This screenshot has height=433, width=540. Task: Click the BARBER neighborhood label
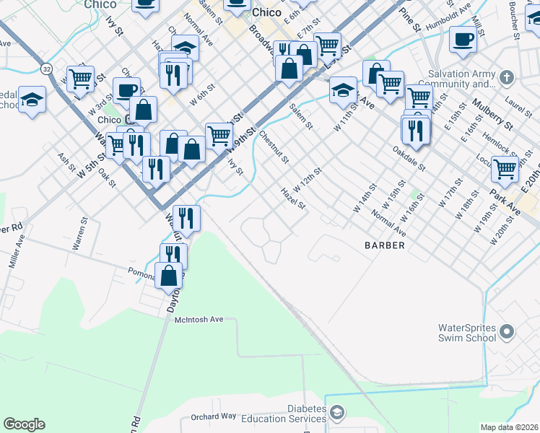[x=384, y=245]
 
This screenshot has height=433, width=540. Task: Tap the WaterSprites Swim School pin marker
[x=506, y=333]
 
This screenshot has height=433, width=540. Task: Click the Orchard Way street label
[x=214, y=416]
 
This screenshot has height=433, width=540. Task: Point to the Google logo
[x=24, y=424]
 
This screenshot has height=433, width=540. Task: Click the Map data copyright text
[x=509, y=427]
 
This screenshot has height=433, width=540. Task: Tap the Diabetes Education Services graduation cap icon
[x=336, y=414]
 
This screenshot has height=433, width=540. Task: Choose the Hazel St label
[x=293, y=198]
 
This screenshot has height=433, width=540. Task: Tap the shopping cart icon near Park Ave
[x=505, y=169]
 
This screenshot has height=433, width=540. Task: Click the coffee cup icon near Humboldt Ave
[x=463, y=39]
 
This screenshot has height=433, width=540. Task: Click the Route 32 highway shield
[x=46, y=69]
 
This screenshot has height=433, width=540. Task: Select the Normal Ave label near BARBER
[x=388, y=223]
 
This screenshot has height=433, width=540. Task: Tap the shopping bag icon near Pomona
[x=169, y=274]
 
